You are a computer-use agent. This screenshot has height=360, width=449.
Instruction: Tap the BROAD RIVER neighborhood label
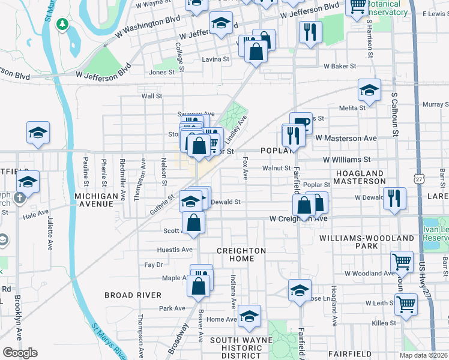click(x=133, y=295)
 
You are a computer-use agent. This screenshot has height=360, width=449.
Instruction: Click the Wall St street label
click(x=152, y=96)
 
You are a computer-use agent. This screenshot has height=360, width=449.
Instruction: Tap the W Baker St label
click(x=340, y=66)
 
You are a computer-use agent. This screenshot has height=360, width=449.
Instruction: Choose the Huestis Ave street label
click(x=175, y=250)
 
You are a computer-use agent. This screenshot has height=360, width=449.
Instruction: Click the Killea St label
click(x=384, y=323)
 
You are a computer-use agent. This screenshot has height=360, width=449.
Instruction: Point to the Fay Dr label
click(x=154, y=265)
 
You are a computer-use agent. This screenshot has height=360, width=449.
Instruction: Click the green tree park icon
click(x=61, y=24)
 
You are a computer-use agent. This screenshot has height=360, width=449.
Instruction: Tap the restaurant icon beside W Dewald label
click(x=394, y=198)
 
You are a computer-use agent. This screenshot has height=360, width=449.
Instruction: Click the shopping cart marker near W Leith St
click(x=406, y=304)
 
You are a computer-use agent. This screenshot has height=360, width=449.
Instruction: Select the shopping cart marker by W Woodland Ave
click(x=401, y=261)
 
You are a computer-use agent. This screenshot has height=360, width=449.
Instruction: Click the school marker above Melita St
click(x=369, y=91)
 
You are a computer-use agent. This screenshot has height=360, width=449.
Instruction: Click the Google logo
click(x=20, y=353)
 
